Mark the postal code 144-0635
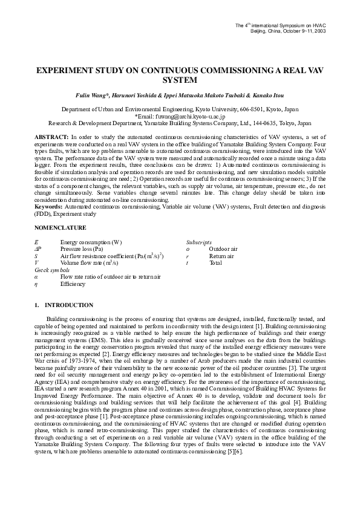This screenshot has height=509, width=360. coord(277,122)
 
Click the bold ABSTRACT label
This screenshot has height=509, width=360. coord(51,138)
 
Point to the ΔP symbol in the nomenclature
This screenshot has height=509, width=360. coord(38,248)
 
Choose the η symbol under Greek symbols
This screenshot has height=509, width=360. coord(36,283)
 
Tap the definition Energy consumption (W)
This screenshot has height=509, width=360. coord(91,242)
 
